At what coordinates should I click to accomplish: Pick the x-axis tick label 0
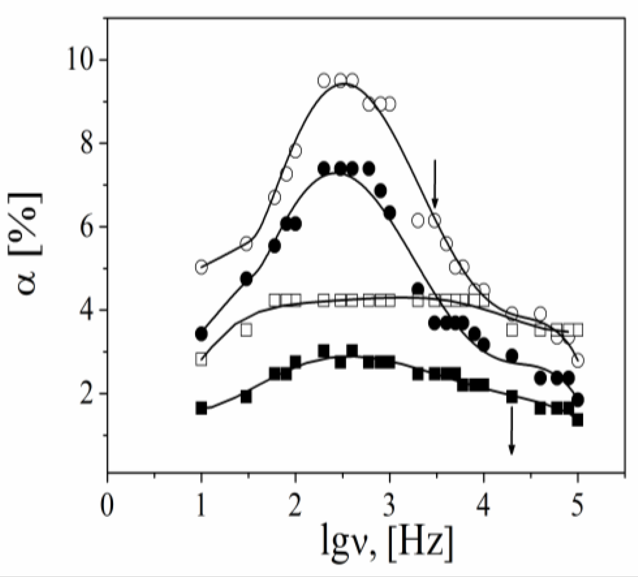[107, 505]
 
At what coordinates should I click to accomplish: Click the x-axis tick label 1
[201, 505]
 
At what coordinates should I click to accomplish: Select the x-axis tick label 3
[389, 505]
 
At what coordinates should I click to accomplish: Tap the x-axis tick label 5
[577, 505]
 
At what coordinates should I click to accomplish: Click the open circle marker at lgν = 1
[201, 267]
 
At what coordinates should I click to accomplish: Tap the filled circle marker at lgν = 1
[201, 334]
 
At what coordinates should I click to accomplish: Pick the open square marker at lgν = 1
[201, 359]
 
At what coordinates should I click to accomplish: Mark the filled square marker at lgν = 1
[201, 408]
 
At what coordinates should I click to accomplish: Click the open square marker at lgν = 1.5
[246, 330]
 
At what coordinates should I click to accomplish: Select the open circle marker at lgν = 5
[578, 360]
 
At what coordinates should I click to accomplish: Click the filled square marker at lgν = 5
[578, 420]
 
